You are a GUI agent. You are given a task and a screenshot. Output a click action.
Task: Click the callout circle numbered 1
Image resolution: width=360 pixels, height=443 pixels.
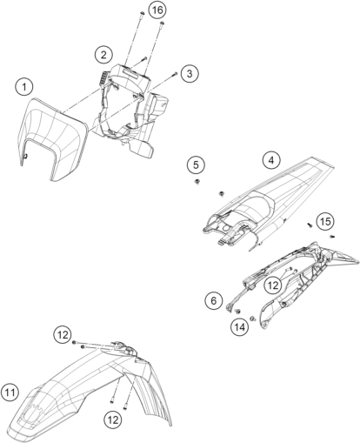coord(24,87)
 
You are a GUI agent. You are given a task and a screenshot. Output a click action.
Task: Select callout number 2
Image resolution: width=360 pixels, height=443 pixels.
coord(103,55)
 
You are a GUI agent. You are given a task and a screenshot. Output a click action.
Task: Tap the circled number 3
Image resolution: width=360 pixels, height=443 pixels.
coord(190,73)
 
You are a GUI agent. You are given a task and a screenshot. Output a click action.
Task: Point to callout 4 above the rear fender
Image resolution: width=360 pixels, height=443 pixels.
coord(271,160)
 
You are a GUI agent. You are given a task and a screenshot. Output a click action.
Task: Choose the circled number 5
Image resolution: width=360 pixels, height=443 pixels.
coord(196,165)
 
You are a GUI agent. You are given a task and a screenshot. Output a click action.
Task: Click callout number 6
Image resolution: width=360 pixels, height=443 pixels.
coord(214,300)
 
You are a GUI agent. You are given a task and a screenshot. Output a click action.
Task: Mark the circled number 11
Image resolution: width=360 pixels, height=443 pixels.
coord(10,393)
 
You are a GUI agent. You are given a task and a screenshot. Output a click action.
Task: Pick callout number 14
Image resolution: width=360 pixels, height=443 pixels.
coord(240,327)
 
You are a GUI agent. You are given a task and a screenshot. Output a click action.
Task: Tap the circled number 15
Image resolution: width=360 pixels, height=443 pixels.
coord(325,222)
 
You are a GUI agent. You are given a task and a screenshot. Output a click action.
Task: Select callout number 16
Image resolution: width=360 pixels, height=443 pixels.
coord(157,10)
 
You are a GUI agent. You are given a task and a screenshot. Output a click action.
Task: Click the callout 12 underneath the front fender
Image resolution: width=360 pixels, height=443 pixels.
coord(113,420)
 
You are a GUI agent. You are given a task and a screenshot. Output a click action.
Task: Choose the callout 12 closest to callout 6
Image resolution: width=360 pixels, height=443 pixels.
coord(273,285)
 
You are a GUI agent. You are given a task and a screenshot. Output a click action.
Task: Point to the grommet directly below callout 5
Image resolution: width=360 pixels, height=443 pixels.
coord(197,182)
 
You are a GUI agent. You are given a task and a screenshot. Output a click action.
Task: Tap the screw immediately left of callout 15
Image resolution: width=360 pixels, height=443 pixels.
coord(310,225)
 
